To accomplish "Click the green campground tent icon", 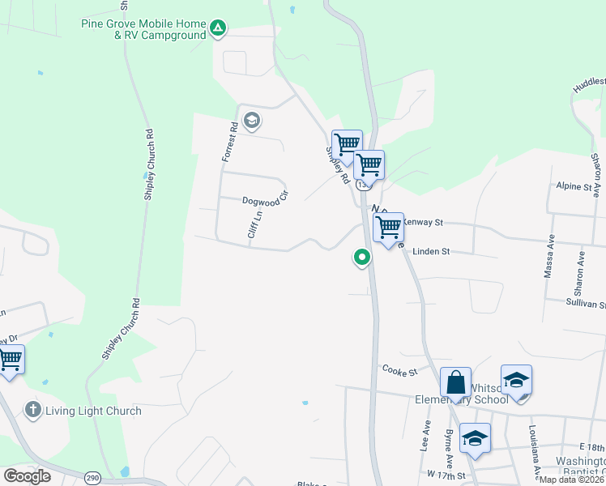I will (x=217, y=29).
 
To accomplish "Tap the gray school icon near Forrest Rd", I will (x=252, y=122).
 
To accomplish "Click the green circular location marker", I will (x=361, y=258).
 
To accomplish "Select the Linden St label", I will (x=430, y=252).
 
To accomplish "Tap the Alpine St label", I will (x=574, y=186).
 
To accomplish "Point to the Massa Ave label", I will (x=548, y=258).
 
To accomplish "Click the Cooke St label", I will (x=399, y=371).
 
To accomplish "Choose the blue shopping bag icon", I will (x=455, y=382).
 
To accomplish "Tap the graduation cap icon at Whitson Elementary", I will (x=516, y=379).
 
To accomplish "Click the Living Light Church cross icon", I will (x=32, y=410).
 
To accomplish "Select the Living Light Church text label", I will (x=93, y=411).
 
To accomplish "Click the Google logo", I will (x=27, y=476).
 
